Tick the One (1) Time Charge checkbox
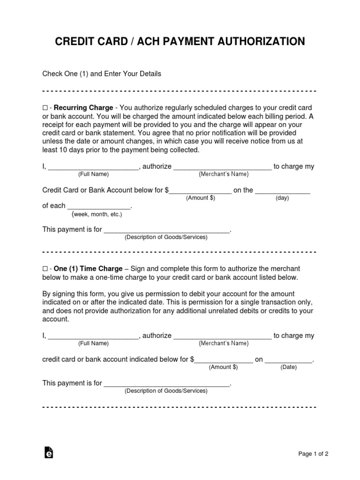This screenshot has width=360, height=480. point(45,269)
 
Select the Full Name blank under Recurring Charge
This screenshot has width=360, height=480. point(93,167)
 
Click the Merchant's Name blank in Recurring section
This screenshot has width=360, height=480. point(223,167)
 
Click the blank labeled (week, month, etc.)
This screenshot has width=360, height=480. point(99,207)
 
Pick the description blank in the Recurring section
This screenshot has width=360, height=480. point(166,230)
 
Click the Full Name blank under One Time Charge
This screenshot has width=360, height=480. point(93,336)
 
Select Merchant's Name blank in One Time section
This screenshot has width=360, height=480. point(223,336)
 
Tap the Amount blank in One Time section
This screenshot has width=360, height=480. point(224,360)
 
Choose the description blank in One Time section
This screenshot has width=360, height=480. point(166,383)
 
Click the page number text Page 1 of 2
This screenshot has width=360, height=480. point(313,454)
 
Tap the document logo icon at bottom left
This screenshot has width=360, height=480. point(48,452)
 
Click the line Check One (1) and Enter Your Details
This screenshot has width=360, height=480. point(102,74)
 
